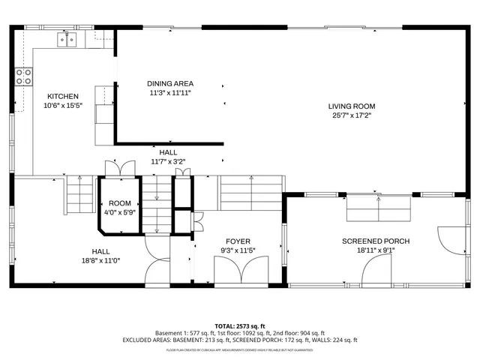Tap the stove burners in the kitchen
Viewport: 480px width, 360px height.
click(23, 76)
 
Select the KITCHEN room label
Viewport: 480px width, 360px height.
click(62, 96)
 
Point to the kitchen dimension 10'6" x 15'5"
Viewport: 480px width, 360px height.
click(62, 105)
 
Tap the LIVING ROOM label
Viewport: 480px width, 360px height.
click(351, 106)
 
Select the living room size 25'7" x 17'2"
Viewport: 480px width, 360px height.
click(351, 115)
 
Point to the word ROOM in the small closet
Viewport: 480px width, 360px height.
click(120, 203)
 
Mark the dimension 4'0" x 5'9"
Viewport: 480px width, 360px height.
click(120, 212)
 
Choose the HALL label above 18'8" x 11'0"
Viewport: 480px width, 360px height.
click(100, 251)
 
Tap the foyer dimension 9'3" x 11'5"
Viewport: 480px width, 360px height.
click(238, 250)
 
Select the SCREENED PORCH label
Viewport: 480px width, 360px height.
click(376, 241)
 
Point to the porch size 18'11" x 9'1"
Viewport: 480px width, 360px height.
click(376, 250)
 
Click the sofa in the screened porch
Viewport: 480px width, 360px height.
click(379, 208)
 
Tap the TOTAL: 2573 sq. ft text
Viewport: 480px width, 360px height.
click(240, 326)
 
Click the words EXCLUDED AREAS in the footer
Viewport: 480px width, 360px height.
click(147, 340)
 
